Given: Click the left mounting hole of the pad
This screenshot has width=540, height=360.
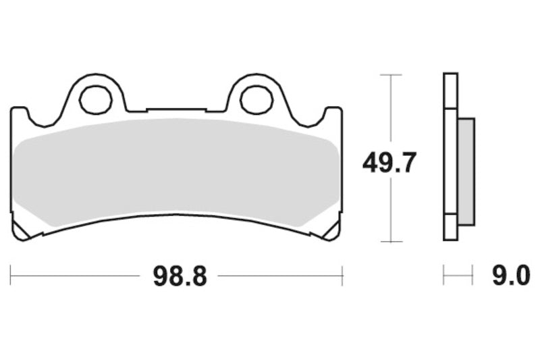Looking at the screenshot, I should [x=95, y=100].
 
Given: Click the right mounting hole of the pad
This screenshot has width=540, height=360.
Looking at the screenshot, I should [x=256, y=100].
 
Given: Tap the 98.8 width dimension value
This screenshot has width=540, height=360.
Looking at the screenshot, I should [x=178, y=276].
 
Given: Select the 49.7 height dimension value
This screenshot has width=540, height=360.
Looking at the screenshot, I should [x=389, y=163].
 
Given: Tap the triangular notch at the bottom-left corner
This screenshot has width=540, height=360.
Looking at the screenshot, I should [x=22, y=231].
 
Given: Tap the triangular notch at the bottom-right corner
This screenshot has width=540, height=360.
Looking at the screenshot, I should [x=330, y=231].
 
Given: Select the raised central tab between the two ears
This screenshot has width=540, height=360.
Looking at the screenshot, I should [x=176, y=109].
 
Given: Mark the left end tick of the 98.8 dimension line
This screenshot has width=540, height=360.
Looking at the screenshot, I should [x=11, y=276].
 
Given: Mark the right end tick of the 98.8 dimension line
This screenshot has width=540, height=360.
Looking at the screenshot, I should [x=342, y=276].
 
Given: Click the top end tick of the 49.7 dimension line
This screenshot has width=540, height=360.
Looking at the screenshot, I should [x=390, y=74].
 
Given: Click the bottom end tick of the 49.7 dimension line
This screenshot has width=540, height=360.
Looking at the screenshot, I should [x=390, y=241].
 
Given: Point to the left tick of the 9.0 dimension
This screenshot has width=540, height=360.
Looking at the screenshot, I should [x=443, y=276].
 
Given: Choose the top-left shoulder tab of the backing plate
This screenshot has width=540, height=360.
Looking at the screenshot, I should [x=19, y=111].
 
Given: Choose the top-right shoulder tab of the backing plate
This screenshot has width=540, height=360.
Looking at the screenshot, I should [x=333, y=111].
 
